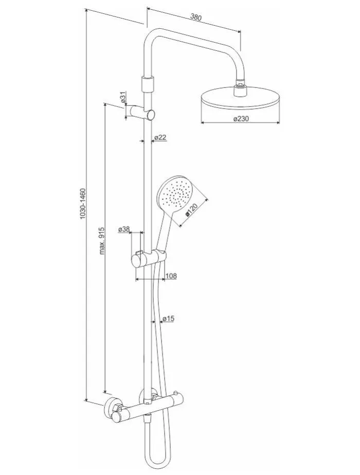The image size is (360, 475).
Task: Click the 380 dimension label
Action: [196, 17]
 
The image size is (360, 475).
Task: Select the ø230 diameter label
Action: [241, 119]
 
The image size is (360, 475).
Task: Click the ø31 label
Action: [123, 98]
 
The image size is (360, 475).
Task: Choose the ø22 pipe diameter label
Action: [160, 137]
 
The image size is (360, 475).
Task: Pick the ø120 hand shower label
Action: [191, 210]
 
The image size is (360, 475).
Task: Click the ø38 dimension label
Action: [124, 230]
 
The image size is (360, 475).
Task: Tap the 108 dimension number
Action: [171, 276]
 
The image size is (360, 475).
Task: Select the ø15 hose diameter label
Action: [168, 318]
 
